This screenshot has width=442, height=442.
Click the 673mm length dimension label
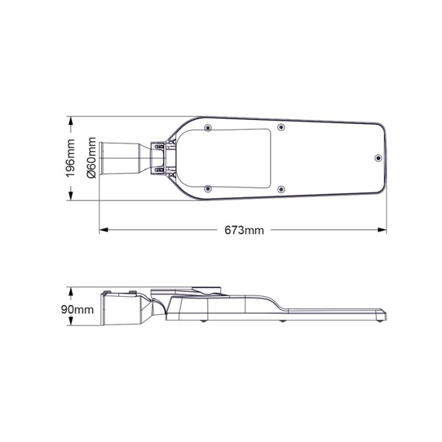pos(244,230)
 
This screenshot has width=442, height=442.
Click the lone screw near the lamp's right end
pos(378,158)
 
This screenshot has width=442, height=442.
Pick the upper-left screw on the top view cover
pos(208,128)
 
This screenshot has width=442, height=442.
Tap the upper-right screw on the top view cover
pos(281,128)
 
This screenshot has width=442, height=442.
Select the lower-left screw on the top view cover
pos(208,188)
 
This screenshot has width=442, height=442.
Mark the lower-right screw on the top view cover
pos(281,188)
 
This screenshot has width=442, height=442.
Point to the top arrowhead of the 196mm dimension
pos(71,121)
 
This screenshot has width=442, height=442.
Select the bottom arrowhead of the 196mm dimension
pos(71,197)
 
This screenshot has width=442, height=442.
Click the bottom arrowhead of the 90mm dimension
pos(71,326)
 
